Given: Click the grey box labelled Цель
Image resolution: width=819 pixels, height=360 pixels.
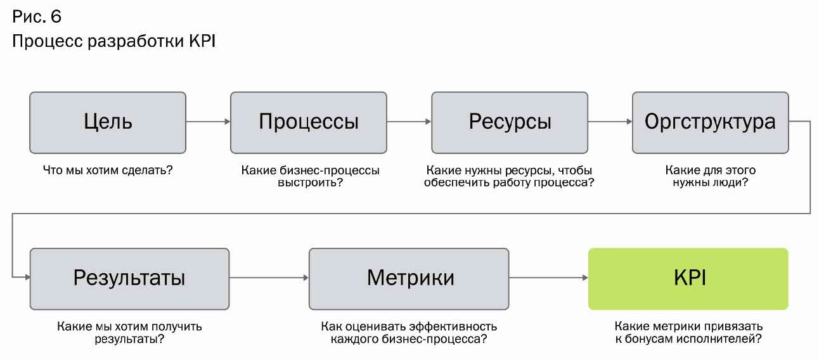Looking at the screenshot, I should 108,122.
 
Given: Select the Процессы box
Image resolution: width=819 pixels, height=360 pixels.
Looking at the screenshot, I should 308,122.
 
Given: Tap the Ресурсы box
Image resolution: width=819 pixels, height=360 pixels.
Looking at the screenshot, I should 510,122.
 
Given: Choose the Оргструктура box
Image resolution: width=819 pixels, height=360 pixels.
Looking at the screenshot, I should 710,122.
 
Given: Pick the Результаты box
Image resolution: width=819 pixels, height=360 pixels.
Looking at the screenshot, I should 129,278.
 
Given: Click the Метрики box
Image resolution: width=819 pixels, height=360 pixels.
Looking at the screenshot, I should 409,278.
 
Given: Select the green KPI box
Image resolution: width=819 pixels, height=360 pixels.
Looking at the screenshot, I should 688,278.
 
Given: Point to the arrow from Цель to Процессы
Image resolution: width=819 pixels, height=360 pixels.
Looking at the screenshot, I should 208,121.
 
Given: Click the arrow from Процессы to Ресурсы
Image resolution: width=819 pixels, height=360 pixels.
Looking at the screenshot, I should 409,121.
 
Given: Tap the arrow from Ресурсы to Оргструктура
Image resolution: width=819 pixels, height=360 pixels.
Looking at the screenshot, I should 610,121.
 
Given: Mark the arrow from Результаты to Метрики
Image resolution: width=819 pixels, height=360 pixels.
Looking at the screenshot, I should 269,278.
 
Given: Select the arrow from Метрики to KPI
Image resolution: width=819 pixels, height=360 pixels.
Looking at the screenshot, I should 548,278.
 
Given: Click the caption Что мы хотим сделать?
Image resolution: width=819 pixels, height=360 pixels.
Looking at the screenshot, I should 108,170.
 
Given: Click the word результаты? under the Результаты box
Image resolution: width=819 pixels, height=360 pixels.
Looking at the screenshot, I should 129,339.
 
